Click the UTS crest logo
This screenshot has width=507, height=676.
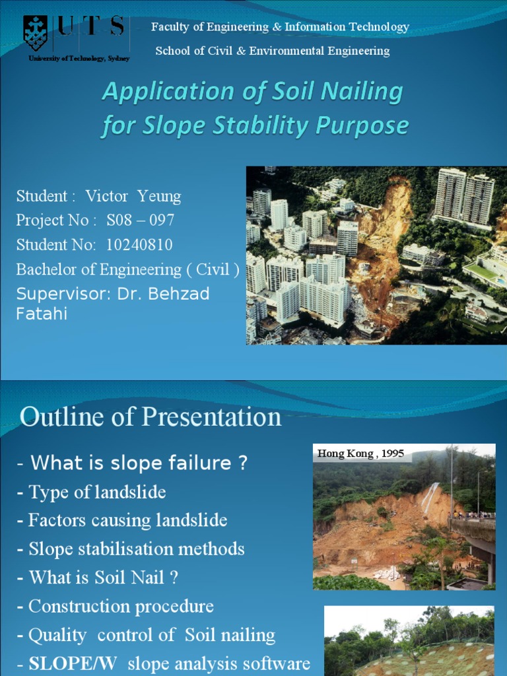pyautogui.click(x=36, y=33)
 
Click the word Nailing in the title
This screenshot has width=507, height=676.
pyautogui.click(x=362, y=92)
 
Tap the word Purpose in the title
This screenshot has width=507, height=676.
pyautogui.click(x=362, y=126)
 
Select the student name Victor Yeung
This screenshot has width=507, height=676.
pyautogui.click(x=133, y=196)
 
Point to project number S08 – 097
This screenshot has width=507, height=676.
pyautogui.click(x=140, y=220)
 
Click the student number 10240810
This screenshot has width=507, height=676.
pyautogui.click(x=139, y=245)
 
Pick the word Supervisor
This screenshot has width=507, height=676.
pyautogui.click(x=63, y=294)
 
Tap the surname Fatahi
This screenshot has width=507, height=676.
pyautogui.click(x=42, y=314)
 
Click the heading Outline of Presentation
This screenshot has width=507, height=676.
pyautogui.click(x=151, y=417)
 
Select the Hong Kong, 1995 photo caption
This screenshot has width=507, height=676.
pyautogui.click(x=360, y=453)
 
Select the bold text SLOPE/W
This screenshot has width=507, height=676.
pyautogui.click(x=73, y=663)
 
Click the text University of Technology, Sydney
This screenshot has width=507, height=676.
pyautogui.click(x=79, y=59)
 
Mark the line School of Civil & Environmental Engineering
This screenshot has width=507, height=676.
pyautogui.click(x=273, y=51)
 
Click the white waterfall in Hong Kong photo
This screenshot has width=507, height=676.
pyautogui.click(x=430, y=497)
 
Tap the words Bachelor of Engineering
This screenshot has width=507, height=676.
pyautogui.click(x=99, y=269)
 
